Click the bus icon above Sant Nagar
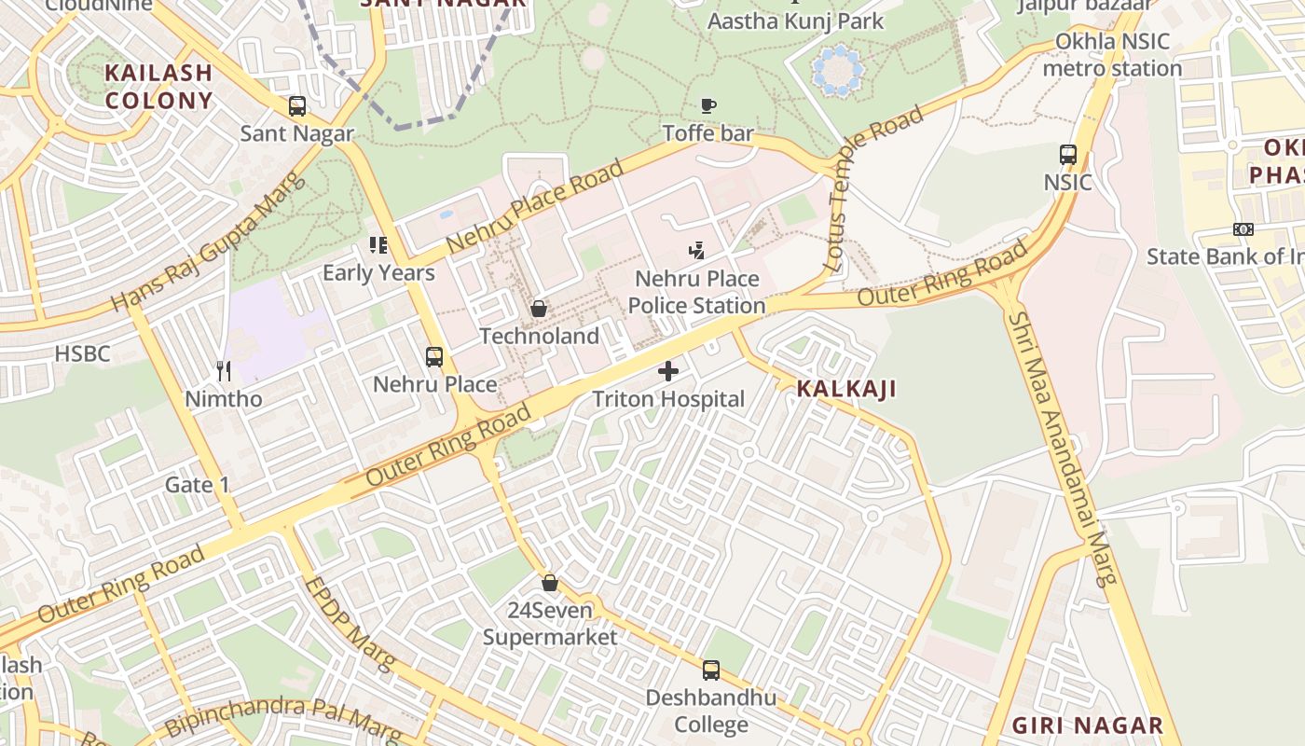[297, 106]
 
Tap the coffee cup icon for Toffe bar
[708, 105]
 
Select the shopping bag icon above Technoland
[539, 308]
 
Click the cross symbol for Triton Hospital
[668, 371]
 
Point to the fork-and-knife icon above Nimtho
[224, 371]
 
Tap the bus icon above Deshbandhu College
[711, 670]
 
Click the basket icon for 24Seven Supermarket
[550, 583]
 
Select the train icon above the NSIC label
[1068, 154]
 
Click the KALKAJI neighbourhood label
[846, 389]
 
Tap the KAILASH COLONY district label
[158, 87]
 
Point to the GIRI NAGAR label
[1088, 725]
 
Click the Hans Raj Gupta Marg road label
[209, 245]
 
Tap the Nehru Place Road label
[535, 207]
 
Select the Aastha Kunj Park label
[796, 21]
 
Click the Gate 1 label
[197, 485]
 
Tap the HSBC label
[82, 354]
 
